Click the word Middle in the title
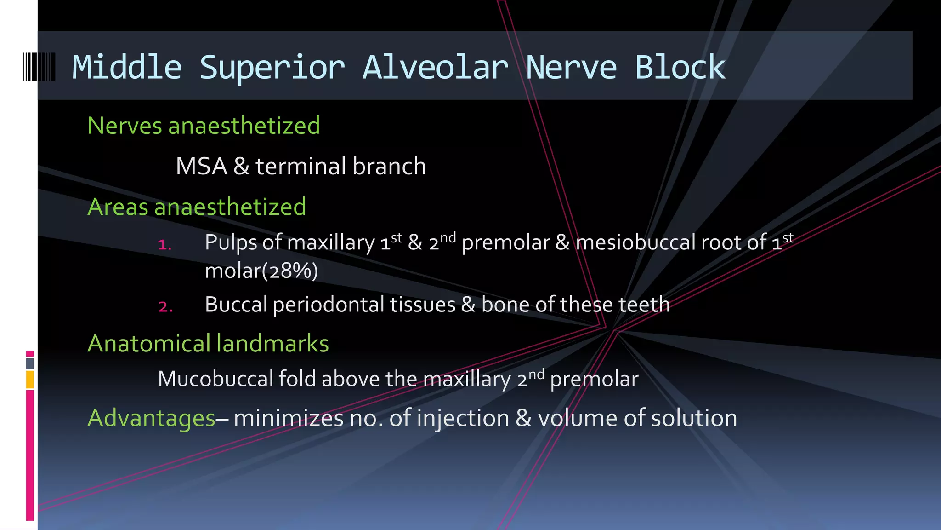(127, 68)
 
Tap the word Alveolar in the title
(435, 68)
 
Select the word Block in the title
(680, 68)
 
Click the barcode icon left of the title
(39, 67)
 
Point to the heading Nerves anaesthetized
(204, 126)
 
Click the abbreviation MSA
(201, 166)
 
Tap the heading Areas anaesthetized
(197, 207)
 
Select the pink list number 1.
(164, 244)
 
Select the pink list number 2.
(165, 306)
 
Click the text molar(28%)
(261, 271)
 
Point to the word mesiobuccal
(635, 242)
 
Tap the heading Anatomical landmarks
(208, 344)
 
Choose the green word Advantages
(152, 418)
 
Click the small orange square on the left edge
(30, 380)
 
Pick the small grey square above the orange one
(30, 363)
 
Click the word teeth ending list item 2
(644, 305)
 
